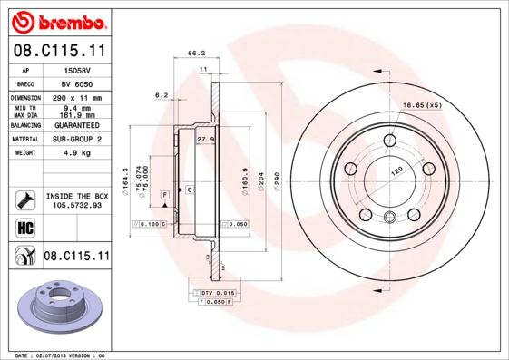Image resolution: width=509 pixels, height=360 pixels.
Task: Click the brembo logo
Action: [x=56, y=20]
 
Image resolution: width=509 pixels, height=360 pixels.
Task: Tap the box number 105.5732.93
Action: [x=76, y=205]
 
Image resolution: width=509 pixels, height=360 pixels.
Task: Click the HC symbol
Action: [x=24, y=227]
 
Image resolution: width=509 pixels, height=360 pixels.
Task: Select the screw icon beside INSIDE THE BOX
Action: [x=24, y=199]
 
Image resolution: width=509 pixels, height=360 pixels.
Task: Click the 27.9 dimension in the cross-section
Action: [x=205, y=140]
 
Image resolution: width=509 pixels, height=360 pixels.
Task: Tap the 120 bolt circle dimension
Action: [x=396, y=170]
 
